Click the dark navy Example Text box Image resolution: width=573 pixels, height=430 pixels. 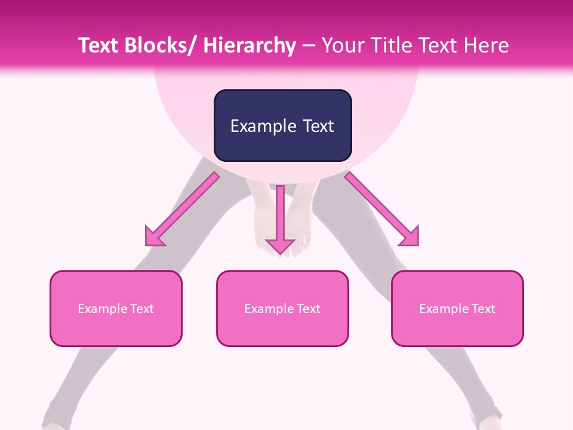pos(282,125)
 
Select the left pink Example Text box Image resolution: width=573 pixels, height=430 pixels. pos(116,308)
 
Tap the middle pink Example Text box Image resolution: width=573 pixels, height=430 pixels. pos(282,308)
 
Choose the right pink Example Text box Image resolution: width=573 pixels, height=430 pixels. pos(457,308)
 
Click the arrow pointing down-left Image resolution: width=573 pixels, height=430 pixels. pos(183,209)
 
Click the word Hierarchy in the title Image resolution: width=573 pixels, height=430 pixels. pos(249,46)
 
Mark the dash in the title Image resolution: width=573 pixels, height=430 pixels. pos(309,46)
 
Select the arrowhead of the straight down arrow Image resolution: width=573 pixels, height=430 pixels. pos(280,246)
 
